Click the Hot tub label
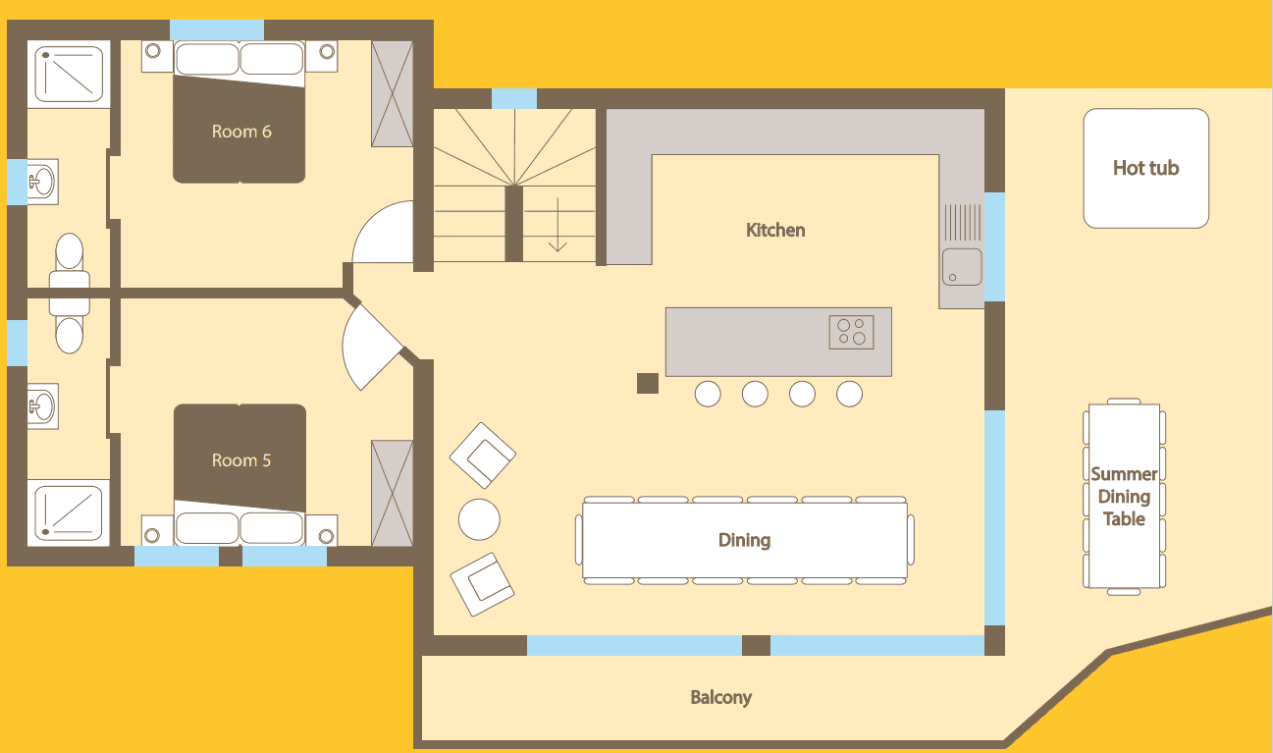[x=1145, y=168]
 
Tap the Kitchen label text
[x=775, y=230]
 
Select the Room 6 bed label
[x=241, y=132]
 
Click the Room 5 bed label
[x=241, y=460]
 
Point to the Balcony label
[x=720, y=698]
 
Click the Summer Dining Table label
[x=1124, y=497]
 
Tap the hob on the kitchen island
[x=851, y=332]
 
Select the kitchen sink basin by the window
[x=962, y=266]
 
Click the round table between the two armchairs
[x=479, y=518]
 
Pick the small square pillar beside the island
[x=647, y=384]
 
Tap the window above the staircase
[x=513, y=99]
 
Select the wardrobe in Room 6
[x=392, y=94]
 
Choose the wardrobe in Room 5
[x=392, y=493]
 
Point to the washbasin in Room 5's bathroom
[x=41, y=403]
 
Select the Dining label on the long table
[x=744, y=540]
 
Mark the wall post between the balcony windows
[x=756, y=645]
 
